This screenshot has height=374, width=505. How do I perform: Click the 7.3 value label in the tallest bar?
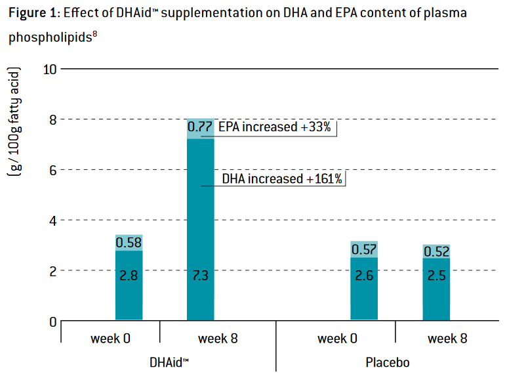tap(200, 276)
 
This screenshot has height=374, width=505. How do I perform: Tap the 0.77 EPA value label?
tap(199, 127)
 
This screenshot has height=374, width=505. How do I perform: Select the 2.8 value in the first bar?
tap(129, 276)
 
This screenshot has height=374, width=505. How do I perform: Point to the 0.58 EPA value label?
tap(129, 243)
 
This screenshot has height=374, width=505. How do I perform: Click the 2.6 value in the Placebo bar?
tap(364, 276)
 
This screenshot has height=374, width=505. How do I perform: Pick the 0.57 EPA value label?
tap(364, 249)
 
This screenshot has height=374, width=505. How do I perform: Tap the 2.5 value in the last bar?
tap(435, 276)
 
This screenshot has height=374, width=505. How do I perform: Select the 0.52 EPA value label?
tap(435, 252)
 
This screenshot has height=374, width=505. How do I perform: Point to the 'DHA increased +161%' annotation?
tap(282, 178)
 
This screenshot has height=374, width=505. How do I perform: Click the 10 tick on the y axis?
tap(51, 69)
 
